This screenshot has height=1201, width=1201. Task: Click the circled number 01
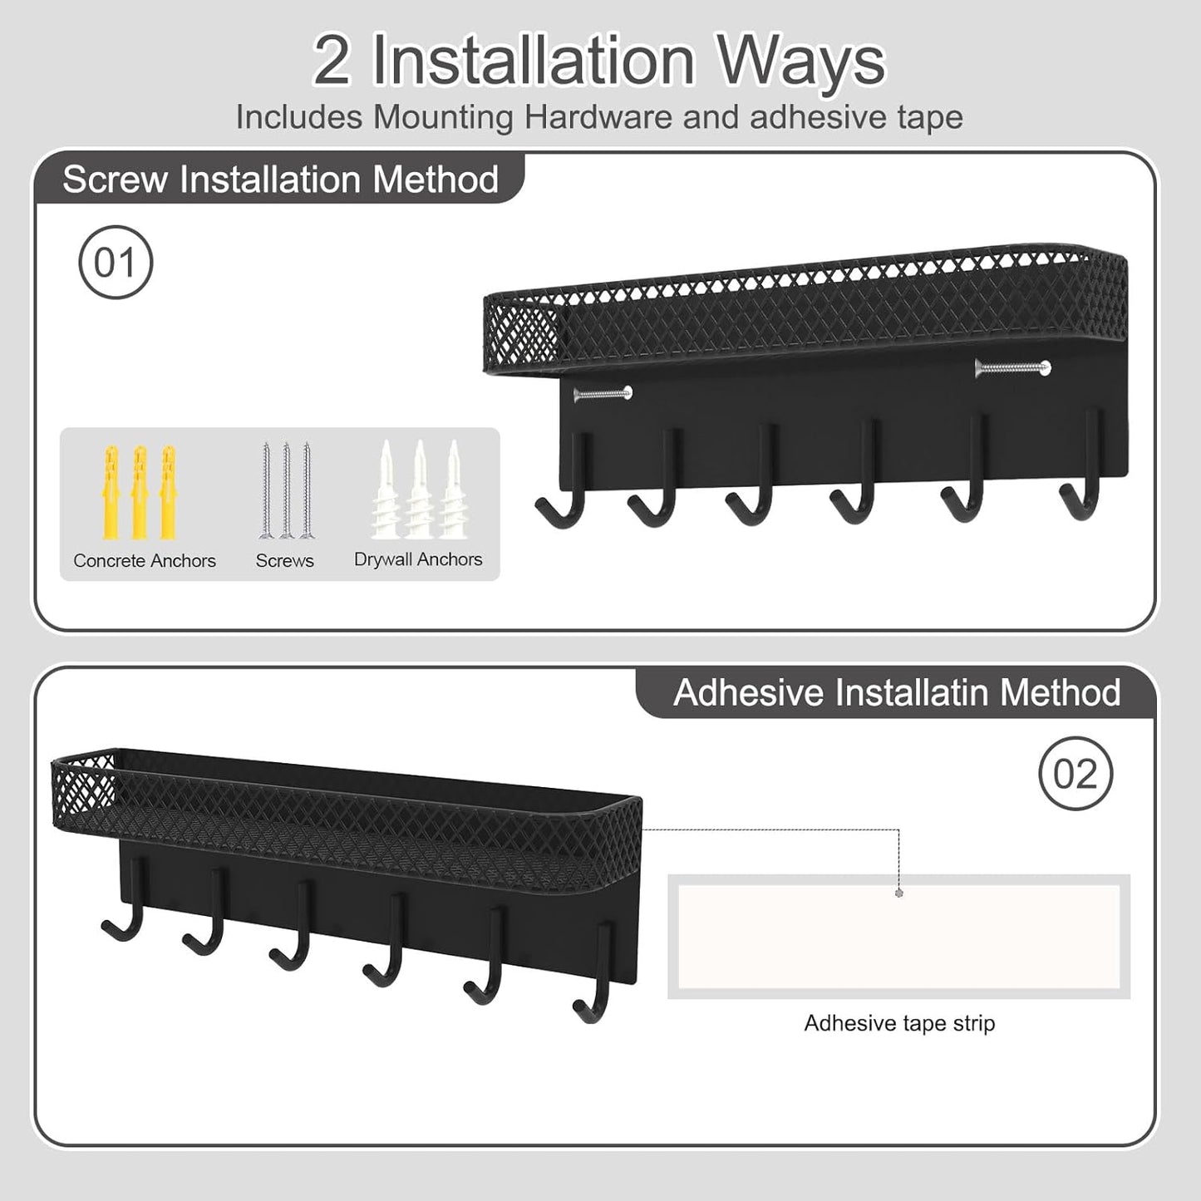[x=116, y=263]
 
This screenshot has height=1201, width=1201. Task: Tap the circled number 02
[x=1075, y=774]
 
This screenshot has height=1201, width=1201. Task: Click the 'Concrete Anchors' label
[x=145, y=561]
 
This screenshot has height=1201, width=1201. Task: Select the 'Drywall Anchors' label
[x=418, y=559]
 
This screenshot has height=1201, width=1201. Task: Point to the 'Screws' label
[x=285, y=561]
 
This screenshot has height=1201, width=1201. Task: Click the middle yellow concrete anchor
[x=140, y=492]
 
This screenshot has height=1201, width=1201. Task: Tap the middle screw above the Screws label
[x=286, y=490]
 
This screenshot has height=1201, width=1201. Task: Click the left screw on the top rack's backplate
[x=603, y=393]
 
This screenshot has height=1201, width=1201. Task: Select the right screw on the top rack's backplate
[x=1013, y=367]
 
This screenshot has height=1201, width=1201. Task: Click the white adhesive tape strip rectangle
[x=898, y=936]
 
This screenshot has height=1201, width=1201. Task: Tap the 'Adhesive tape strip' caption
[x=899, y=1023]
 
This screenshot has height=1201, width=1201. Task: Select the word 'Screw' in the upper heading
[x=115, y=180]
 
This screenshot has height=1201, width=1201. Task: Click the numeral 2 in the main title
[x=332, y=62]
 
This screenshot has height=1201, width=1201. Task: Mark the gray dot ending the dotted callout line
[x=899, y=893]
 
